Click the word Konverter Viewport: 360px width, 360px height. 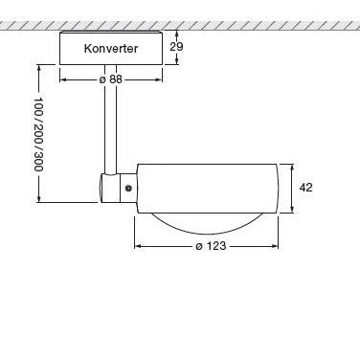click(111, 49)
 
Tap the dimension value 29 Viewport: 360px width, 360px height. click(176, 47)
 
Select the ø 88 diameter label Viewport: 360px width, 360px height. click(111, 79)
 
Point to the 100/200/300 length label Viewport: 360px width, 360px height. click(38, 134)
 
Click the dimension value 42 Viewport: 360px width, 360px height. click(305, 188)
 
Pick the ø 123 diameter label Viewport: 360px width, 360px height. click(211, 246)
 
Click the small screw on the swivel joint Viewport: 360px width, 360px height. click(128, 189)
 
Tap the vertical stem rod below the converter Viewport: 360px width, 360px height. click(111, 119)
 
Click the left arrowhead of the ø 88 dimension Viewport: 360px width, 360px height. click(63, 79)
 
